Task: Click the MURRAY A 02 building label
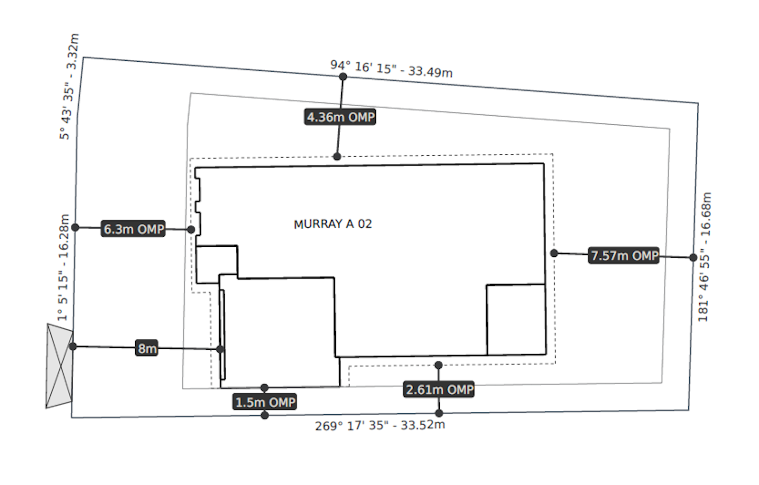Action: pos(333,224)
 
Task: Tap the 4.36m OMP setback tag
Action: pos(340,117)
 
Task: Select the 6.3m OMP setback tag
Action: pos(134,229)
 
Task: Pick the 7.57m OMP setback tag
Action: pos(624,256)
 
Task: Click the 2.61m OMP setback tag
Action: pos(439,390)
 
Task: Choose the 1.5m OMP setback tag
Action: pos(265,402)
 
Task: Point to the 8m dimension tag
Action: pos(147,348)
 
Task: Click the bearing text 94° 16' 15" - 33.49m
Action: pos(391,69)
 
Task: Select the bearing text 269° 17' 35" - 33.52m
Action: pos(380,425)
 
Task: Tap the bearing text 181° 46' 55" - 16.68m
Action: pos(705,257)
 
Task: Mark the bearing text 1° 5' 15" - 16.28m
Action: pos(64,267)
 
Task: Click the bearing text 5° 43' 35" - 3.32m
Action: pos(69,86)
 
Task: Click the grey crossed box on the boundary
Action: pos(59,365)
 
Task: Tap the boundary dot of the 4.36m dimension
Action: pos(343,77)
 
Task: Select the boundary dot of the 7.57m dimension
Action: pos(693,258)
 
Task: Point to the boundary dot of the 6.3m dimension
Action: pos(75,228)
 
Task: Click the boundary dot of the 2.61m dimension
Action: pos(439,413)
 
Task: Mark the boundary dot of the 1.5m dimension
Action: pos(265,415)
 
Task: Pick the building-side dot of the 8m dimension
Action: pos(220,349)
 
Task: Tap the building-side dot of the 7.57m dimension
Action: pos(554,253)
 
